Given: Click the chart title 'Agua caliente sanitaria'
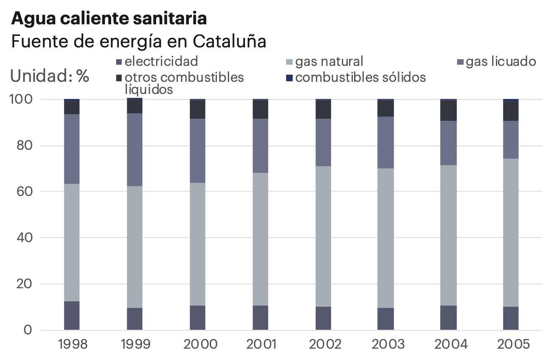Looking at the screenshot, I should click(x=109, y=18).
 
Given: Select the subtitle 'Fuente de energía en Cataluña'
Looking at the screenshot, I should click(x=138, y=42).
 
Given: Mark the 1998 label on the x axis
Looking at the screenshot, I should click(x=73, y=344).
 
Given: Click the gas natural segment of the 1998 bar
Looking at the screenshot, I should click(x=72, y=243).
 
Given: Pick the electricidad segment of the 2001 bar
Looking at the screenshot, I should click(x=260, y=318).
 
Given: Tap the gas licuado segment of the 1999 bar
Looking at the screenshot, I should click(x=135, y=150).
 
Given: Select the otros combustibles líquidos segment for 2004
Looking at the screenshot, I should click(x=448, y=111).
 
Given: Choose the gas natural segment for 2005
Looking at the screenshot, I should click(x=511, y=232).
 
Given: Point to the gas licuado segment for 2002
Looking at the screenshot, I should click(x=323, y=143).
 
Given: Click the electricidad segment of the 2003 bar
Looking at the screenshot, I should click(x=386, y=319).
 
